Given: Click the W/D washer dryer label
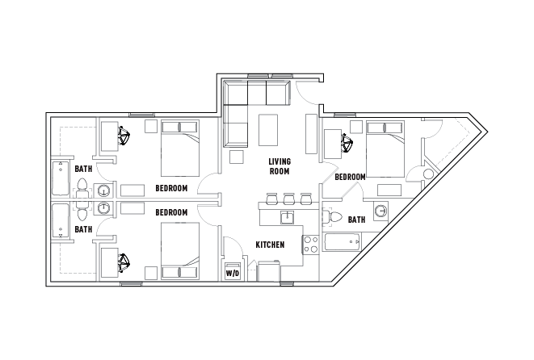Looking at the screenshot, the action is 233,274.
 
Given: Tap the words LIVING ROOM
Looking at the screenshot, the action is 280,166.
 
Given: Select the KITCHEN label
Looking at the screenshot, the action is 270,245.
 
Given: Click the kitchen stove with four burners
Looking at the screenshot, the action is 310,245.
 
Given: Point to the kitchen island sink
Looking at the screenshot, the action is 288,217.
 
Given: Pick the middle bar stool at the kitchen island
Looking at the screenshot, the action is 288,199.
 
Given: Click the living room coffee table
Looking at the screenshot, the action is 268,130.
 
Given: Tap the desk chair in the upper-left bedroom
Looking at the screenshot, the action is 124,136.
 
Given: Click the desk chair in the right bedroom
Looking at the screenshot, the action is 347,143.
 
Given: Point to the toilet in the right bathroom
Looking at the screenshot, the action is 333,217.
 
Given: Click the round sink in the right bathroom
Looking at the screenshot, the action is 381,211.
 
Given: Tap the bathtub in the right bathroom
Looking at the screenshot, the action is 342,242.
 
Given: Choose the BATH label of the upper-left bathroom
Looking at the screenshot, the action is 83,169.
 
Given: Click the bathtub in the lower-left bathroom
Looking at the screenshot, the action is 61,220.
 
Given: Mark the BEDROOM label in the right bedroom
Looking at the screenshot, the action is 350,177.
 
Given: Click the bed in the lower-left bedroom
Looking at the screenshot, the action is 180,251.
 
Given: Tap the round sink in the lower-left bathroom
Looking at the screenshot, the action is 103,207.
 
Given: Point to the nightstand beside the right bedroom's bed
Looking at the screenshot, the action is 356,127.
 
